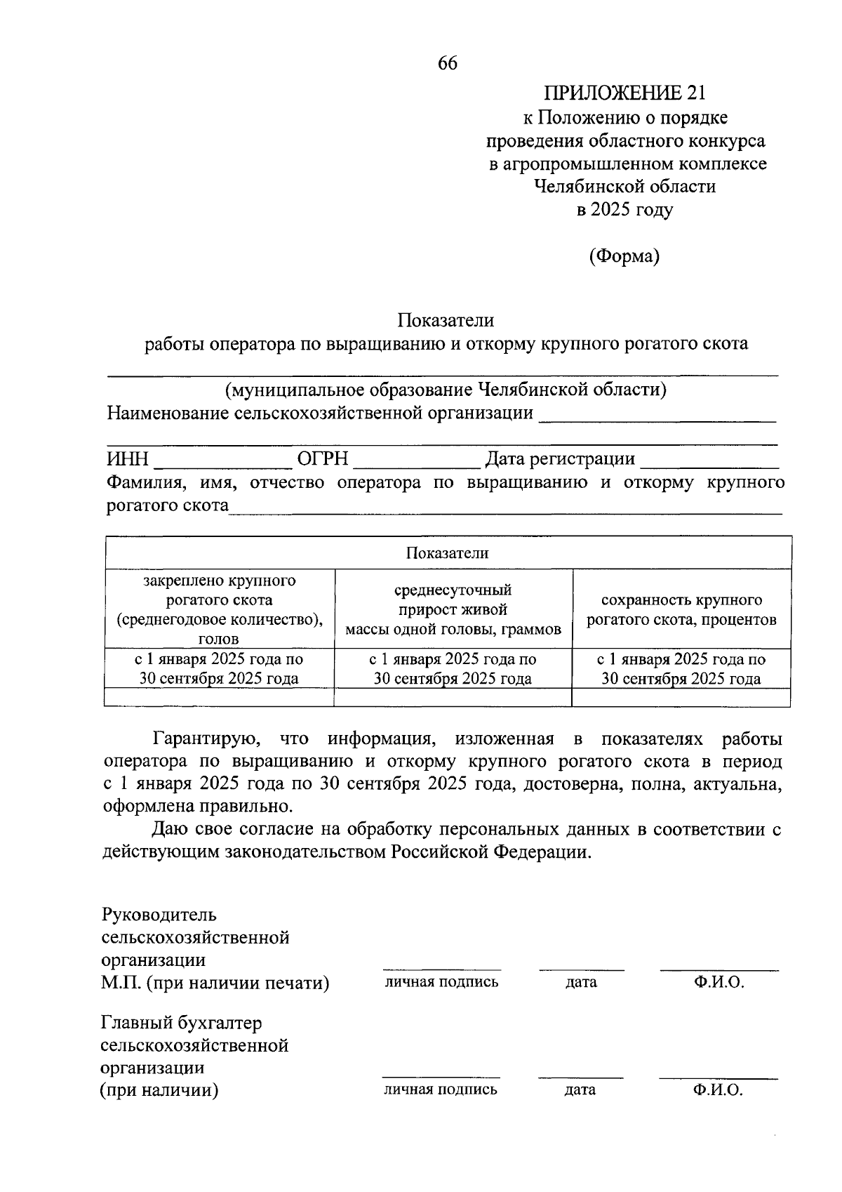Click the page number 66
pyautogui.click(x=447, y=63)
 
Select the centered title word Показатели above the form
pyautogui.click(x=446, y=320)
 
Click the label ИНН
pyautogui.click(x=128, y=459)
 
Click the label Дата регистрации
pyautogui.click(x=560, y=459)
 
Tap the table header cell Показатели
pyautogui.click(x=447, y=552)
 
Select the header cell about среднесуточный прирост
pyautogui.click(x=453, y=609)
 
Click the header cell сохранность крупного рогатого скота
pyautogui.click(x=681, y=609)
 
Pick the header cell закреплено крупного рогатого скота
pyautogui.click(x=219, y=609)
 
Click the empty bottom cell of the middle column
pyautogui.click(x=453, y=697)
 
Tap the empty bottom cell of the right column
pyautogui.click(x=681, y=697)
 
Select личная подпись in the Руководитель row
pyautogui.click(x=441, y=982)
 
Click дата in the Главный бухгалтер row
pyautogui.click(x=580, y=1090)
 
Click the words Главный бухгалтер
pyautogui.click(x=181, y=1023)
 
